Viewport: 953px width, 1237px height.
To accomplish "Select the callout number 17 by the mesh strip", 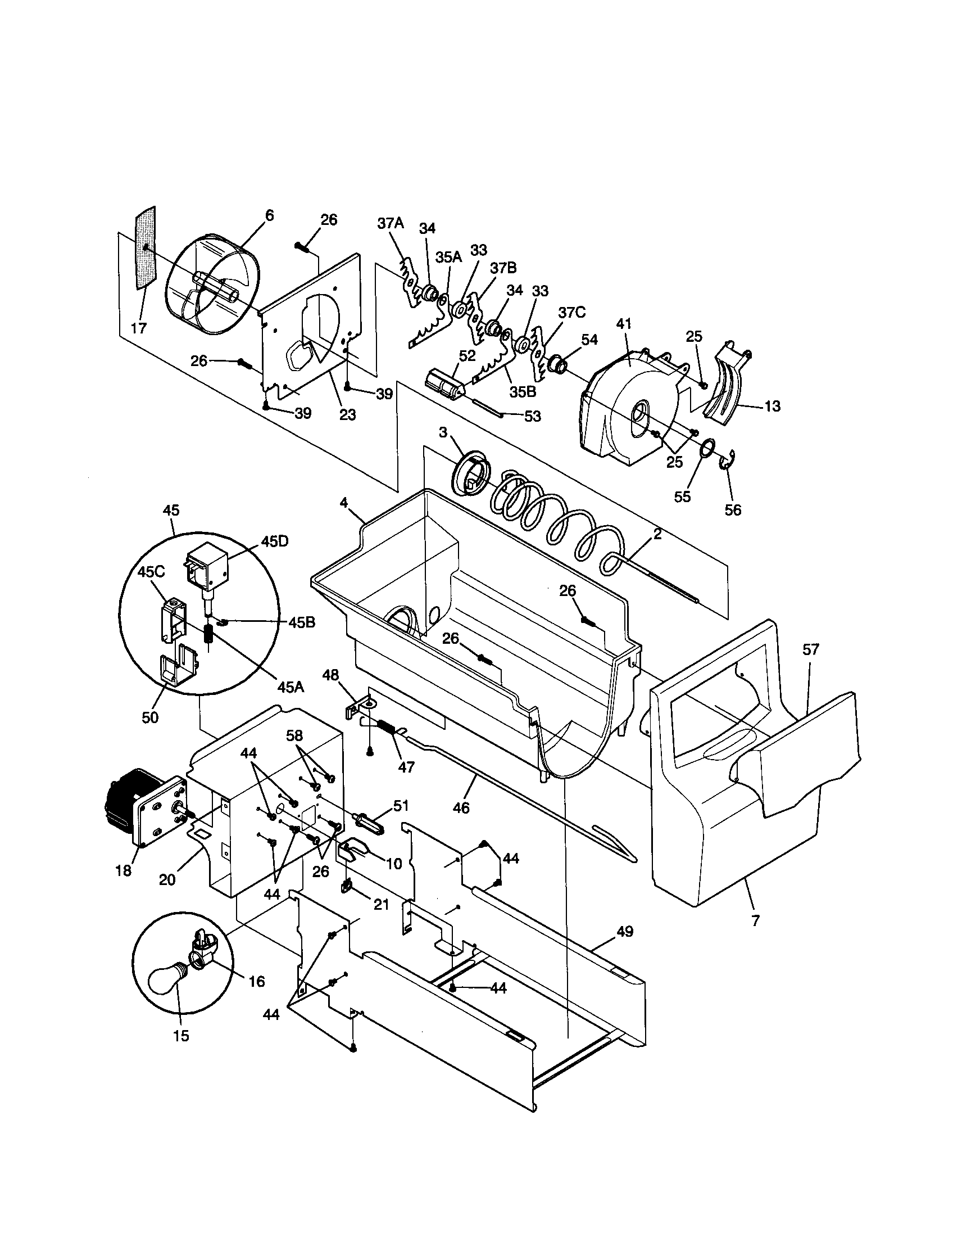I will coord(139,328).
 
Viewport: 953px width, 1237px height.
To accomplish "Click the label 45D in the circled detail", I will coord(274,541).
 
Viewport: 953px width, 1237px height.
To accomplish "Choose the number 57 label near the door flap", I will coord(811,649).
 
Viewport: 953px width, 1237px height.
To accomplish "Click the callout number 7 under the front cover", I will coord(755,921).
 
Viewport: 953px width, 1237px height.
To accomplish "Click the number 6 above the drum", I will coord(269,215).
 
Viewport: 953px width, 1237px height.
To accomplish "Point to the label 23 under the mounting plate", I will coord(347,414).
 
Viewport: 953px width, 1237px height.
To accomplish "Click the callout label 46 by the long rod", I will coord(461,807).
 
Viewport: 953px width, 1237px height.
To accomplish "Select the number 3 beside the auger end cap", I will coord(443,432).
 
